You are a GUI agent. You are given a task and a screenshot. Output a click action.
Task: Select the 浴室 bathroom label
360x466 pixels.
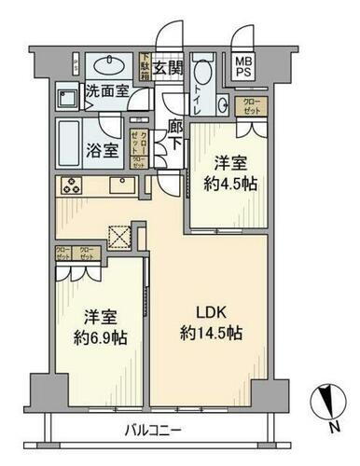(103, 148)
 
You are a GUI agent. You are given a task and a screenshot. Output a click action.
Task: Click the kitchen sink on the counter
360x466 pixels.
(122, 185)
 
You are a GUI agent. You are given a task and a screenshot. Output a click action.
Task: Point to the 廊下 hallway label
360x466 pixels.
(173, 134)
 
